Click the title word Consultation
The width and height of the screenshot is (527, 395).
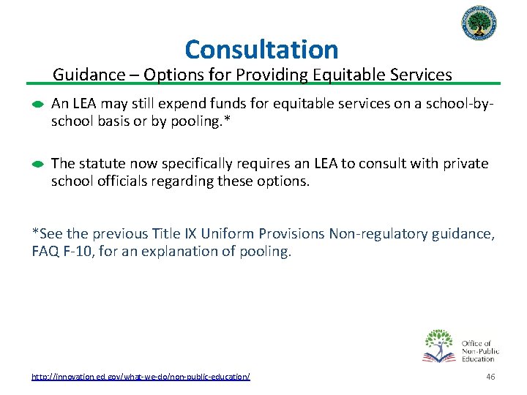pyautogui.click(x=261, y=50)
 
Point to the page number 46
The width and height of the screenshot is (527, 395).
pyautogui.click(x=490, y=376)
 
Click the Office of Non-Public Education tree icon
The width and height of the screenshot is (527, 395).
pyautogui.click(x=439, y=345)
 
